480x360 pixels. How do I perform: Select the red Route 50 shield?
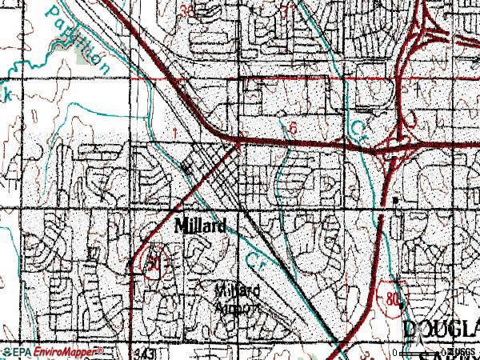pos(151,262)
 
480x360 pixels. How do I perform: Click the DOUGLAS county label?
pos(439,328)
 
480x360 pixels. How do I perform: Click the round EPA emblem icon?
pos(6,351)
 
